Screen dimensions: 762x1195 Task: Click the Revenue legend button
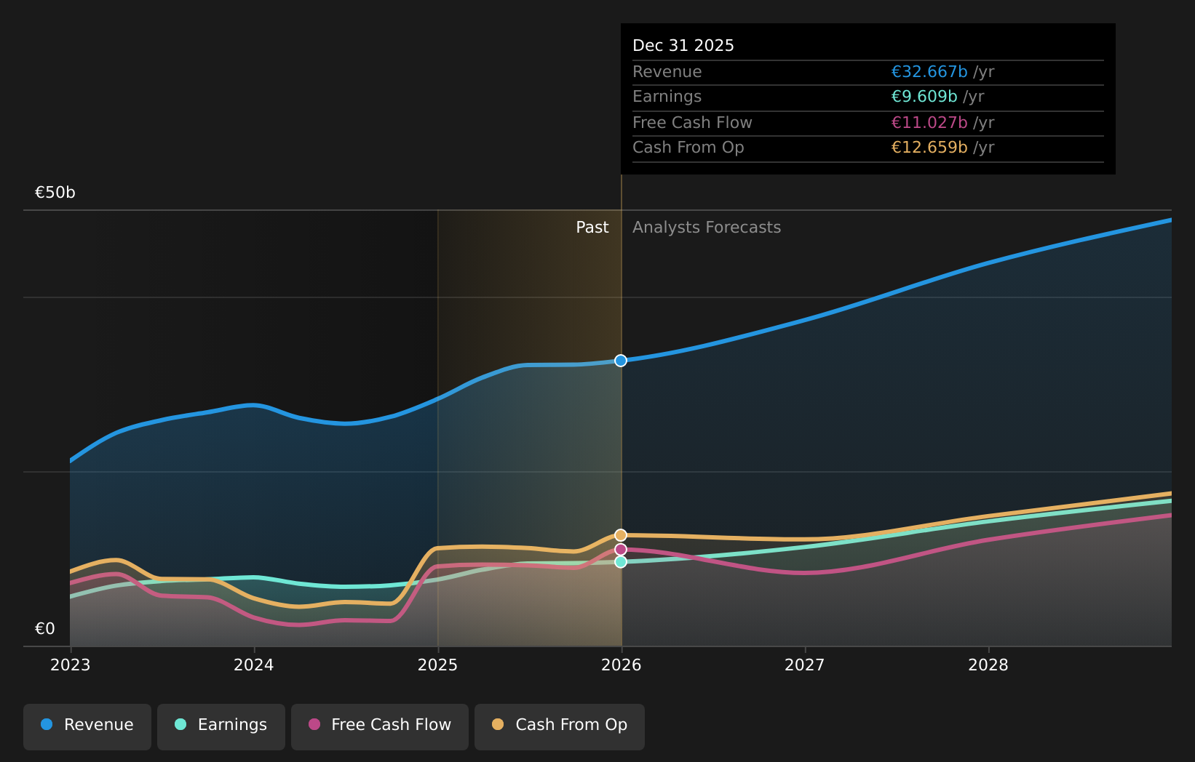87,726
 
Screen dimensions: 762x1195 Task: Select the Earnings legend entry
221,726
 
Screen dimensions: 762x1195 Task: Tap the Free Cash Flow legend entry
380,726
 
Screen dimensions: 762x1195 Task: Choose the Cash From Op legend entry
560,726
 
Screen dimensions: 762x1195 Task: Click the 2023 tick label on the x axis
71,665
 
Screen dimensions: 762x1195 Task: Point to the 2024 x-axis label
254,665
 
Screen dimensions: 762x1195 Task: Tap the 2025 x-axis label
437,665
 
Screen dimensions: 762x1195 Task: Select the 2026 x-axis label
622,665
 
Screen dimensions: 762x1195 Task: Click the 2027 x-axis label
805,665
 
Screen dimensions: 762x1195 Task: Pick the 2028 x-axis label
988,665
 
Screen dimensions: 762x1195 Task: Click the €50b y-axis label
55,193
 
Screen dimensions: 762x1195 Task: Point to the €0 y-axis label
45,629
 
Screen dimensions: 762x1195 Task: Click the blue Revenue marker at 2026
621,361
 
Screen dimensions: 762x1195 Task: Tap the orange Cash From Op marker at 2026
621,535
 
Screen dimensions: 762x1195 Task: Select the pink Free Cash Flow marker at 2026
621,550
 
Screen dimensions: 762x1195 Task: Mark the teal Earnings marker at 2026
621,562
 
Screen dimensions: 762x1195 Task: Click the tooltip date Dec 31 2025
683,46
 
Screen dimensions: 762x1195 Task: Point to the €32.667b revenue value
929,72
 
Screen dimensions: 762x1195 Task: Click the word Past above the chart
592,228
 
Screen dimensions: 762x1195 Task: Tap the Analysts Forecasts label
707,228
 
